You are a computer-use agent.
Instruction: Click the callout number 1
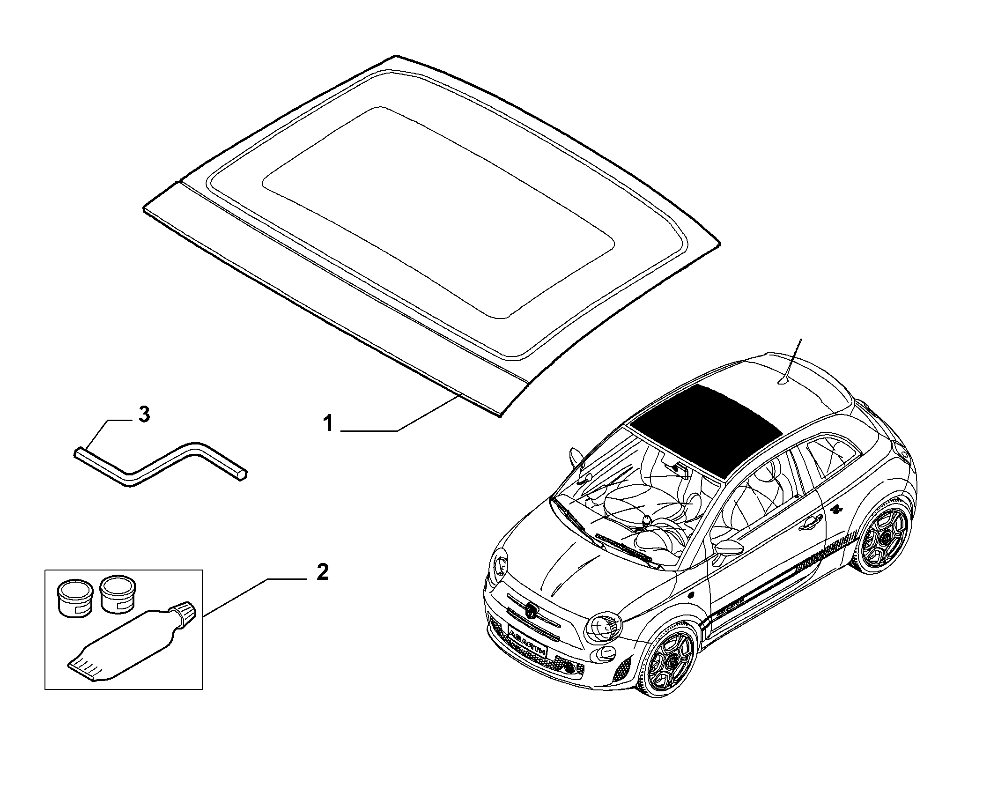point(329,424)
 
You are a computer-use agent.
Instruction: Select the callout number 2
point(322,572)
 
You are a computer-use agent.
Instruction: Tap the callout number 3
point(144,415)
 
